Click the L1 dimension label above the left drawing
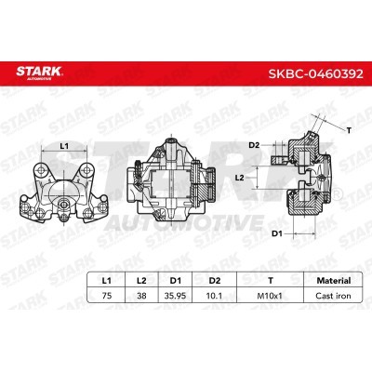pos(64,146)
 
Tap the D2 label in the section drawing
pos(254,145)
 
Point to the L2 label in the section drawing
pos(239,176)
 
